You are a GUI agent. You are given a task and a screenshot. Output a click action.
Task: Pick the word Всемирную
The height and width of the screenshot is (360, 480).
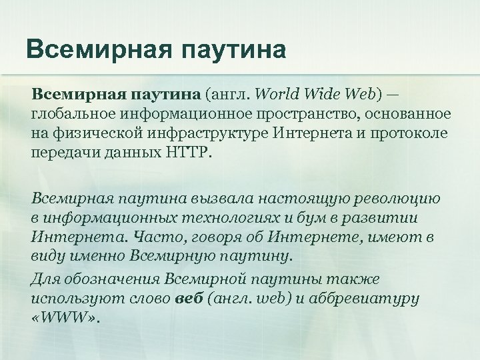pos(165,255)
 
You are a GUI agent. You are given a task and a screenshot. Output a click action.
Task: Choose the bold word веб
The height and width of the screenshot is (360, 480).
pos(187,297)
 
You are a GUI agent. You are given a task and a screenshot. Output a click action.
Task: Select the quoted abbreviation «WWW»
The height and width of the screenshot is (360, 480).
pos(65,316)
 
